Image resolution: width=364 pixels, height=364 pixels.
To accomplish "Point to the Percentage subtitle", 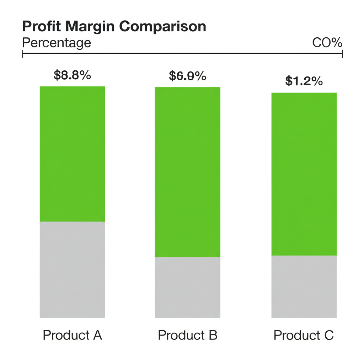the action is coord(57,43).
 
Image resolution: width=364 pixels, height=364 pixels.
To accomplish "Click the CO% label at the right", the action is coord(327,43).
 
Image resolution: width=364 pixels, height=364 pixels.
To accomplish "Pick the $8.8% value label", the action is coord(72,75).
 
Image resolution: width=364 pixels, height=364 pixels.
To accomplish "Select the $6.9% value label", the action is coord(187,76).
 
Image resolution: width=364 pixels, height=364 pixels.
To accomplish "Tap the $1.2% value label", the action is coord(304,81).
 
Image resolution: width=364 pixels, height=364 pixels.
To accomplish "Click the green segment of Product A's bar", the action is coord(73,154).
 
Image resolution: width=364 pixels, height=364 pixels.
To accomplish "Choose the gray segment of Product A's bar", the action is coord(73,270).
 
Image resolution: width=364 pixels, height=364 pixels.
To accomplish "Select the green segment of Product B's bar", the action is coord(188,172).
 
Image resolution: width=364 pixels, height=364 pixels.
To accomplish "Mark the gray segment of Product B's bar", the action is coord(188,287).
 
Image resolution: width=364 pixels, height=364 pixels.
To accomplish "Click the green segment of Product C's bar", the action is coord(304,174).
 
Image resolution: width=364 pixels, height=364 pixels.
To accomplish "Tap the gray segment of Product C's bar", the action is coord(304,287).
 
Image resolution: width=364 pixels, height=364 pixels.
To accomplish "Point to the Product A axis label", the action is coord(73,335).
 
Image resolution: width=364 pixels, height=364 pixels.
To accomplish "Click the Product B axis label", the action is coord(188,335).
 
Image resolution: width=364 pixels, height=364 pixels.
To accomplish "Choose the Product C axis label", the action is coord(304,335).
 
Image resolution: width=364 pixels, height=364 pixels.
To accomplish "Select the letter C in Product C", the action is coord(329,335).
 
